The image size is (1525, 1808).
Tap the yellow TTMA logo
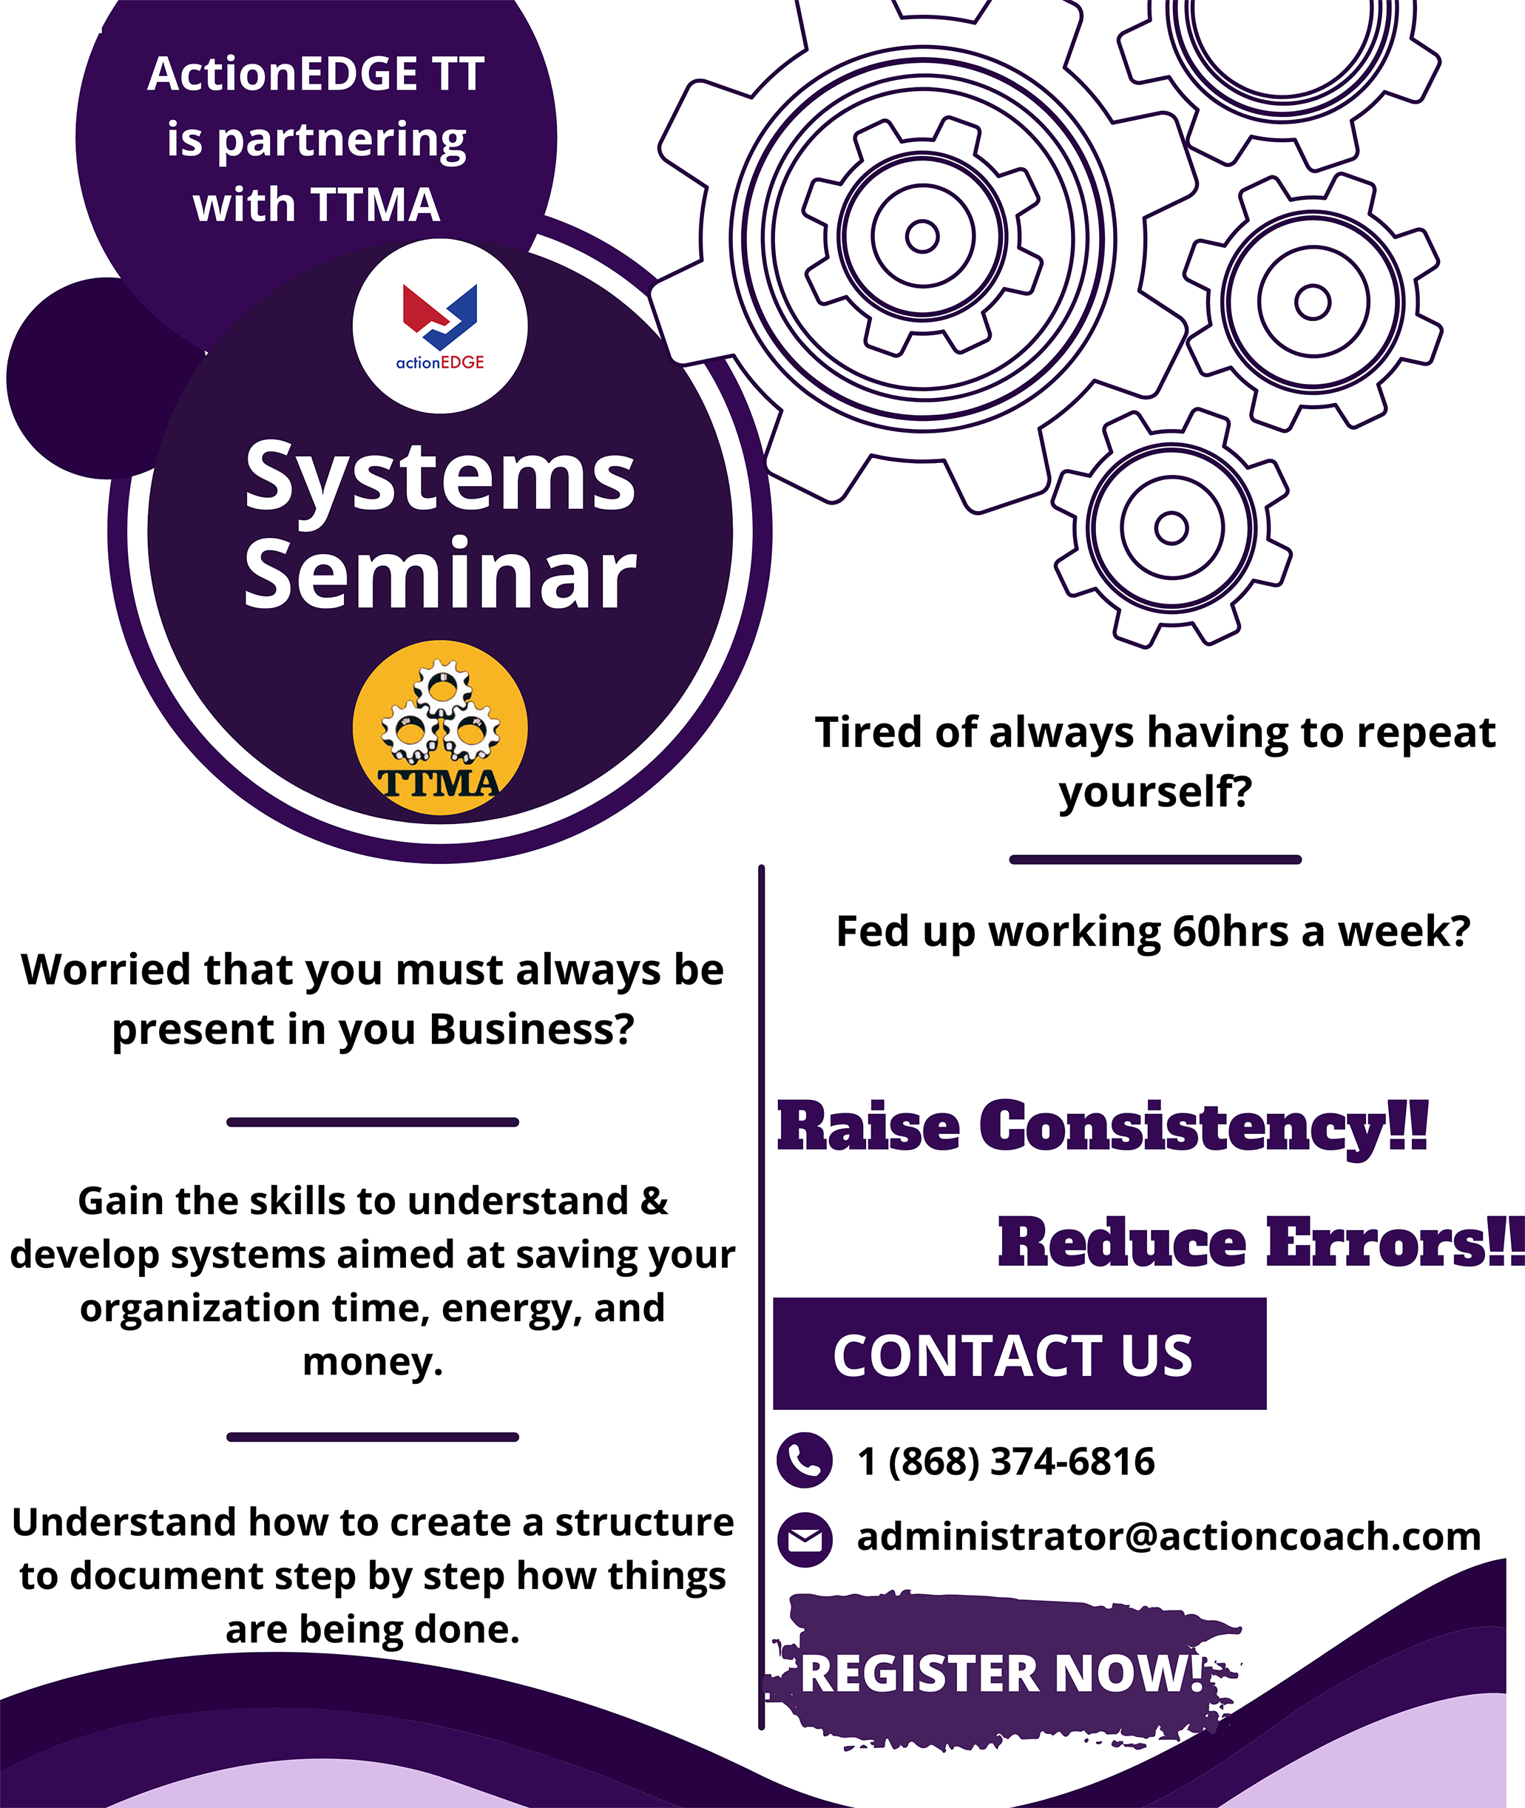pyautogui.click(x=440, y=727)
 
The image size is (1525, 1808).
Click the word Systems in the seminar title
pyautogui.click(x=440, y=477)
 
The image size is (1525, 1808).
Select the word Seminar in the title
pyautogui.click(x=440, y=573)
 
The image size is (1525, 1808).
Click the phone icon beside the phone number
pyautogui.click(x=804, y=1460)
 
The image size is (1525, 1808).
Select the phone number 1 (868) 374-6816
pyautogui.click(x=1005, y=1461)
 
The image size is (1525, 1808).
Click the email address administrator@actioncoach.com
pyautogui.click(x=1169, y=1537)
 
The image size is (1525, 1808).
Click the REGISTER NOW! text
pyautogui.click(x=1003, y=1673)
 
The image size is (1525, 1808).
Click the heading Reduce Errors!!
pyautogui.click(x=1261, y=1243)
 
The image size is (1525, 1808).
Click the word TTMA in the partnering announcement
pyautogui.click(x=375, y=205)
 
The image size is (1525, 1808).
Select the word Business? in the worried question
pyautogui.click(x=532, y=1029)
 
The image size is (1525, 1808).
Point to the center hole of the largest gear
pyautogui.click(x=922, y=236)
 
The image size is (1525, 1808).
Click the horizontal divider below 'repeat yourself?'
pyautogui.click(x=1155, y=860)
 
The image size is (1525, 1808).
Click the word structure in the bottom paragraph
pyautogui.click(x=644, y=1522)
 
